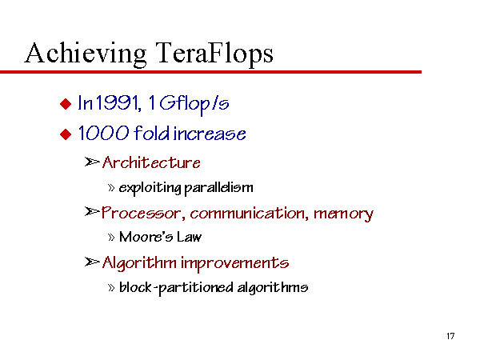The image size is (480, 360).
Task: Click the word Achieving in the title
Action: [x=86, y=54]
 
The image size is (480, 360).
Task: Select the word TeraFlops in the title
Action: [x=214, y=54]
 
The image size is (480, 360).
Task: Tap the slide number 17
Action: [x=450, y=336]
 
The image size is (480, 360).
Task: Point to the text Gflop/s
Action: [x=194, y=103]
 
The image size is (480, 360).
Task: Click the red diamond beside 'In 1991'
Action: [x=66, y=104]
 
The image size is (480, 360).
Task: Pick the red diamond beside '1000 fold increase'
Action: [x=66, y=134]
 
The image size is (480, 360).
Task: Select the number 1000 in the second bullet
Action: [x=103, y=133]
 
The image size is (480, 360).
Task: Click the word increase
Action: [x=210, y=134]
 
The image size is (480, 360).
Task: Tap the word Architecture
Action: [x=151, y=162]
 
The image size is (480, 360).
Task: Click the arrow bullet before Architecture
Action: [x=92, y=162]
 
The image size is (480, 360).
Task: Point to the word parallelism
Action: [x=219, y=187]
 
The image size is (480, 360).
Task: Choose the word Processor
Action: [x=142, y=213]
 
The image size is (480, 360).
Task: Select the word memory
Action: [x=343, y=214]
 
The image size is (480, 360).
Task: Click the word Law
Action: [x=189, y=237]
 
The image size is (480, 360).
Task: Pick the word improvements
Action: [x=234, y=263]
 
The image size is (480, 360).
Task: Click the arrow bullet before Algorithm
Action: [x=92, y=262]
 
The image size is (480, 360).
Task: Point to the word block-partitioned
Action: [x=176, y=288]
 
